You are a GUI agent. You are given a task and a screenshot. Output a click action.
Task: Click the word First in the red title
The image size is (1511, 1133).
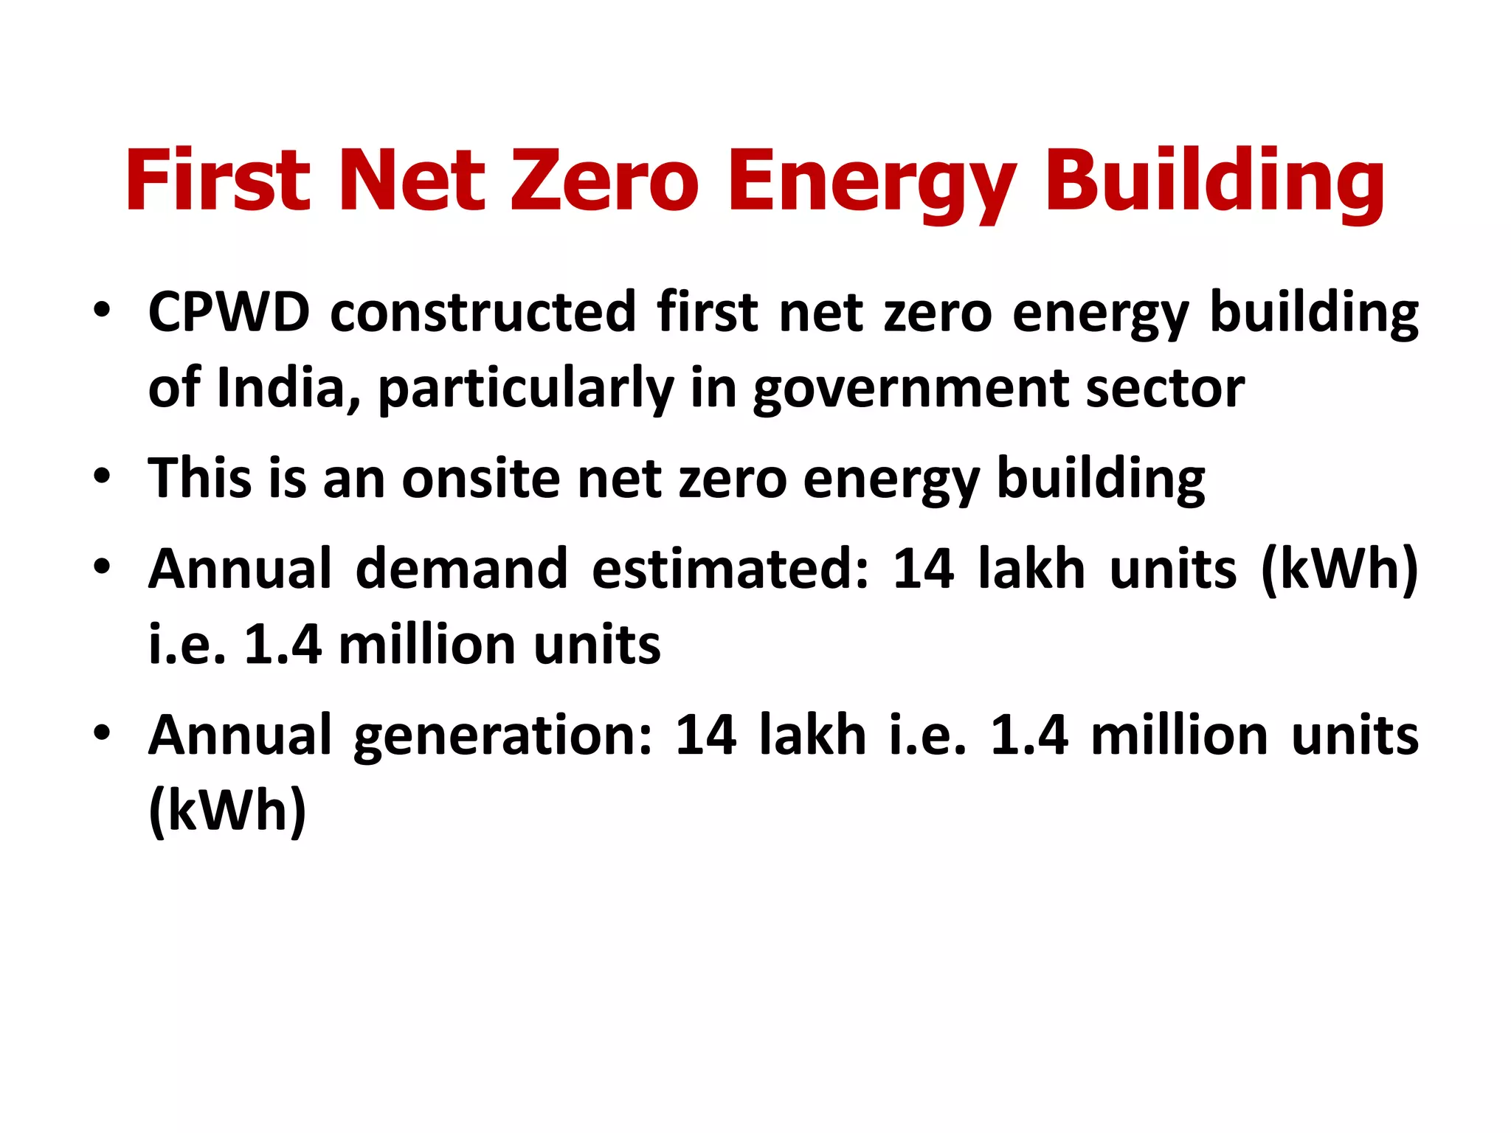pyautogui.click(x=218, y=180)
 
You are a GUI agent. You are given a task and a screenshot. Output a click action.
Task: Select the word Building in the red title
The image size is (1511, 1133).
pyautogui.click(x=1214, y=180)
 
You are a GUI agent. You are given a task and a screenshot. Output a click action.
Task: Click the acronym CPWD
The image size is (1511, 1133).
pyautogui.click(x=229, y=312)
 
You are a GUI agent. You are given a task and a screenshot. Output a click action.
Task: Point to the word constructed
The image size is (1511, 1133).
pyautogui.click(x=483, y=312)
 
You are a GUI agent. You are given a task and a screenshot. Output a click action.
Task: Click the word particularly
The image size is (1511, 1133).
pyautogui.click(x=525, y=389)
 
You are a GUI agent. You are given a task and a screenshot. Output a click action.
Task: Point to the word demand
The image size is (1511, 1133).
pyautogui.click(x=461, y=569)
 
